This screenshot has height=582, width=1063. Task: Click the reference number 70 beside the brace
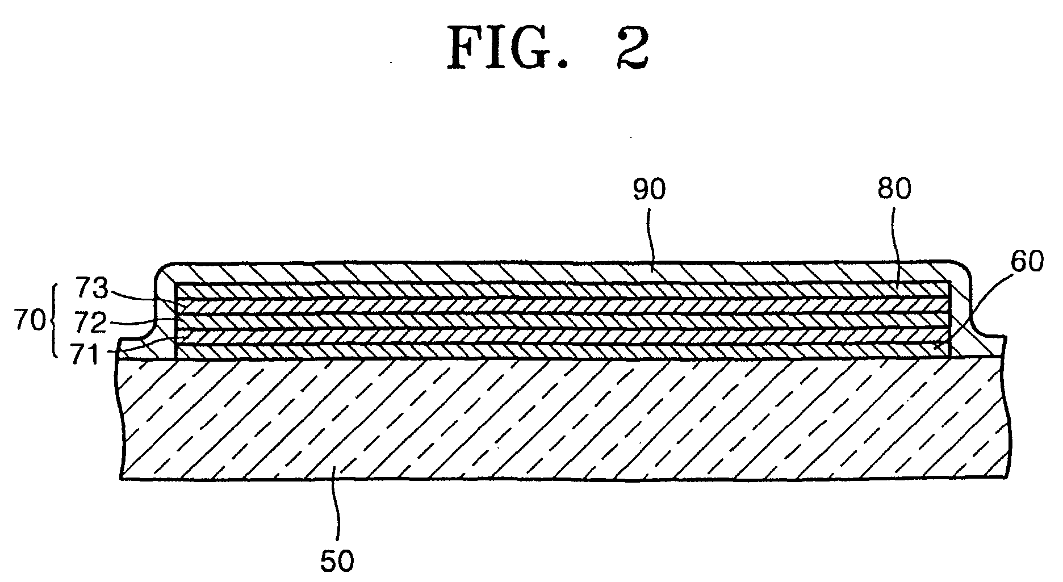(30, 321)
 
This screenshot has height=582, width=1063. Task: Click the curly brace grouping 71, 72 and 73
(55, 321)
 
